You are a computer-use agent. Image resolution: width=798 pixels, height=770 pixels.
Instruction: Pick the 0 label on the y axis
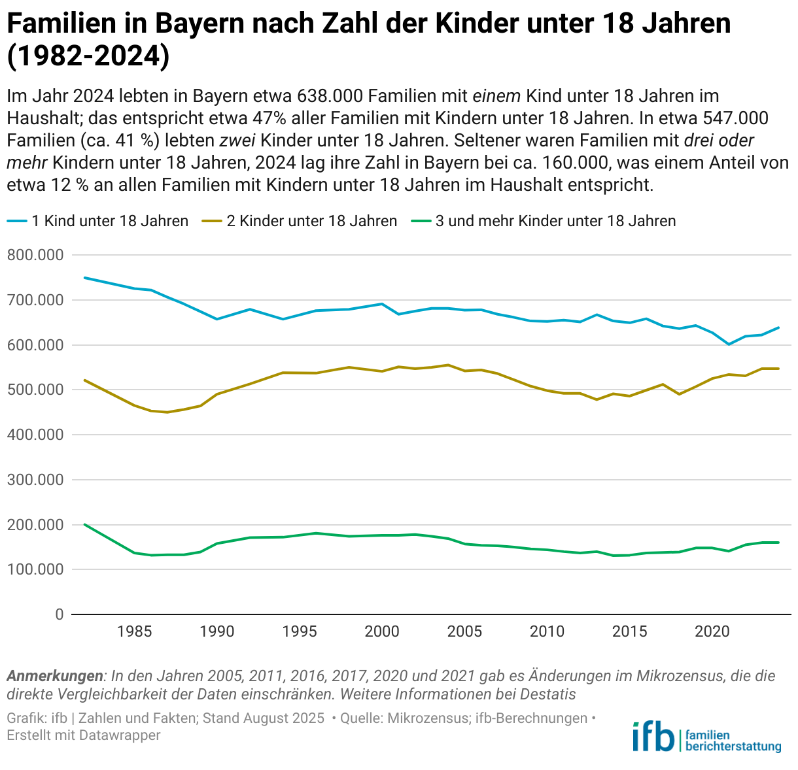pyautogui.click(x=59, y=614)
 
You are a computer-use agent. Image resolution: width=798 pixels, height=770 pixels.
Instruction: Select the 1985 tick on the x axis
pyautogui.click(x=135, y=631)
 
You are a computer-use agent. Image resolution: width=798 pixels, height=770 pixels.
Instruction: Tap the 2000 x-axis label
pyautogui.click(x=382, y=631)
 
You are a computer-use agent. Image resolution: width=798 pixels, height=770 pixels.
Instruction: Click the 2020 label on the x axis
pyautogui.click(x=712, y=631)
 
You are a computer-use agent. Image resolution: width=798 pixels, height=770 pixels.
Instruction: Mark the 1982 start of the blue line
pyautogui.click(x=85, y=278)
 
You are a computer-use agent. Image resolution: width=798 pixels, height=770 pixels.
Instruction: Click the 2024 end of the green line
pyautogui.click(x=778, y=543)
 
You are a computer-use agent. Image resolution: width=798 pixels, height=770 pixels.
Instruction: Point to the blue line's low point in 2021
pyautogui.click(x=729, y=344)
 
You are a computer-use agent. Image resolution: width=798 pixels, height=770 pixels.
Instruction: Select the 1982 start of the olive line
pyautogui.click(x=85, y=380)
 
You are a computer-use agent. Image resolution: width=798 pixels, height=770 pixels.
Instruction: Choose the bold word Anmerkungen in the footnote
pyautogui.click(x=55, y=676)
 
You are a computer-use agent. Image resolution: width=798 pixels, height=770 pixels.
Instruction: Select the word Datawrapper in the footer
pyautogui.click(x=120, y=735)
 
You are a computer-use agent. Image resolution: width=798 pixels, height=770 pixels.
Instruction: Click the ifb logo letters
pyautogui.click(x=652, y=737)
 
